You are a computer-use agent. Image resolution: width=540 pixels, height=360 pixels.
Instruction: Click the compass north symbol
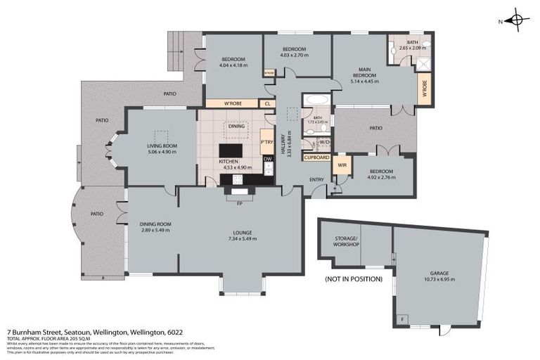517,20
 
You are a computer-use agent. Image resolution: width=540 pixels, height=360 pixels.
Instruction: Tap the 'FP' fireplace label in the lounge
240,203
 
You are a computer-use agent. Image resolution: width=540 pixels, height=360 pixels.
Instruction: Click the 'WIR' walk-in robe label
342,166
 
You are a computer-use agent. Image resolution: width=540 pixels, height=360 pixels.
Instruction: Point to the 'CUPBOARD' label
315,157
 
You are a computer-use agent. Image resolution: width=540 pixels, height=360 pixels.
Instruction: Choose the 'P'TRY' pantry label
266,141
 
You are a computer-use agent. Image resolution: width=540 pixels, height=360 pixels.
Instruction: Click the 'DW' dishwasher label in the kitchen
267,159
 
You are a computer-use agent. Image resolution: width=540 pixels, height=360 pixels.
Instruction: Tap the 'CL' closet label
267,103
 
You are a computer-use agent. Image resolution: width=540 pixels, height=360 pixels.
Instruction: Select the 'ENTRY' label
317,179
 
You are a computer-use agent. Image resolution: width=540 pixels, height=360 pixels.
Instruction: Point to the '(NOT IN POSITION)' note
354,278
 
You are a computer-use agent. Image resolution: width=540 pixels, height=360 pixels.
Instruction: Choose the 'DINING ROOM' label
155,224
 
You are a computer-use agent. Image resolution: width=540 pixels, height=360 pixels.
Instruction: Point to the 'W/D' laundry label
324,141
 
